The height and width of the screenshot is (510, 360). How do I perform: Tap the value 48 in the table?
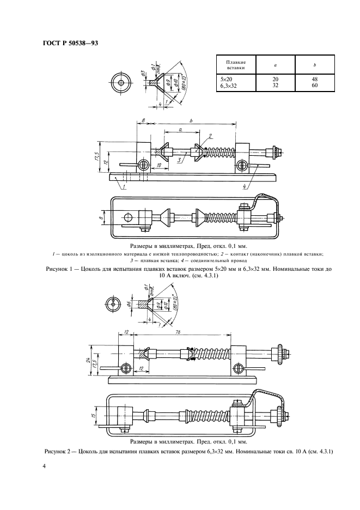315,79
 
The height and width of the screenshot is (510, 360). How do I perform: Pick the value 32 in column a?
274,86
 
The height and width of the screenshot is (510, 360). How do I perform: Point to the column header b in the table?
315,65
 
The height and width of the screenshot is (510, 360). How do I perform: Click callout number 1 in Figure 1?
124,187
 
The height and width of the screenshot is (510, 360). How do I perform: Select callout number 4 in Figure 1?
246,187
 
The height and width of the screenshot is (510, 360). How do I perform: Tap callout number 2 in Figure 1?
209,136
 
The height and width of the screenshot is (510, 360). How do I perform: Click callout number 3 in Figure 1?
178,160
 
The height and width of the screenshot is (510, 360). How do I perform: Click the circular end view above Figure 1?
120,83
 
